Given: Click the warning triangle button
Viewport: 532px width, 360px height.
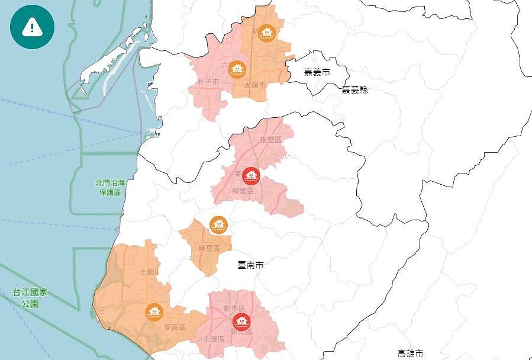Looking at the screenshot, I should click(x=32, y=27).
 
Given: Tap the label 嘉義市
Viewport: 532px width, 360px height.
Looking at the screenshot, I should click(x=317, y=72).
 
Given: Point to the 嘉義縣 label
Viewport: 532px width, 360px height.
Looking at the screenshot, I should click(x=354, y=90).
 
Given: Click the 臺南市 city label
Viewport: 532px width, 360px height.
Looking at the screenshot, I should click(x=250, y=265).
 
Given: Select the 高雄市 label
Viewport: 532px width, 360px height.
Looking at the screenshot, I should click(x=411, y=353).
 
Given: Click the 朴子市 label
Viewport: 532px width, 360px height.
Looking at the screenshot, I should click(x=208, y=81).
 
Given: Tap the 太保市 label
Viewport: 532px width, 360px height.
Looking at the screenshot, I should click(x=255, y=86).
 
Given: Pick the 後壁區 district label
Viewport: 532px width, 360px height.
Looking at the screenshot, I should click(x=272, y=140).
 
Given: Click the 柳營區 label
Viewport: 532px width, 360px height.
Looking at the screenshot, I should click(x=243, y=191).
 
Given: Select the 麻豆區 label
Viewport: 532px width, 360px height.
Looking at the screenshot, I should click(x=209, y=249).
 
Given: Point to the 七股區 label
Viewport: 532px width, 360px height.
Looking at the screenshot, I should click(x=150, y=272).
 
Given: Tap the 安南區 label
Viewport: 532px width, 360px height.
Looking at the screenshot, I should click(x=175, y=327).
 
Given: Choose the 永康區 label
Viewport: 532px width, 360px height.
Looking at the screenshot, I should click(x=214, y=340).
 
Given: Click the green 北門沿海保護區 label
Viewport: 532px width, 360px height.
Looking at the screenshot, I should click(x=110, y=188).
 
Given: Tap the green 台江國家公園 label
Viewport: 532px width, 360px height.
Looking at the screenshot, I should click(x=30, y=298).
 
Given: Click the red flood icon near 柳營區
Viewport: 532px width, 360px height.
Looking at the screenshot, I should click(x=252, y=176).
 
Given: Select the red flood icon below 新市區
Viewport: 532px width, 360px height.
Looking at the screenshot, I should click(x=241, y=322).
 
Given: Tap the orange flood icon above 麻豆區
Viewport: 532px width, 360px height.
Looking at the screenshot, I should click(x=218, y=225).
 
